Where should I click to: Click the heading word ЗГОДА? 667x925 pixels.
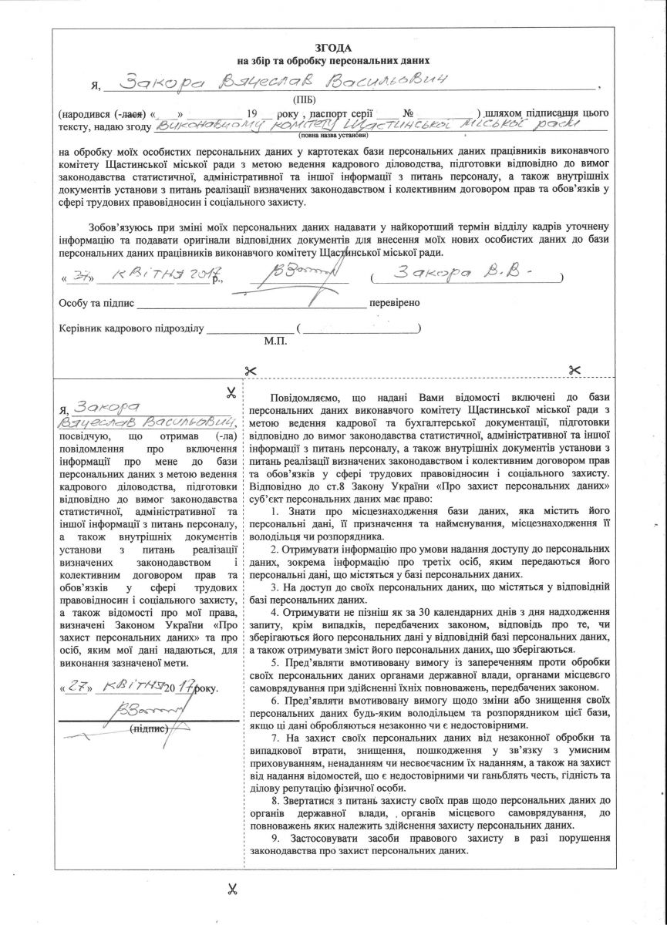(333, 47)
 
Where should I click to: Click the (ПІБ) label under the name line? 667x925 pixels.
(303, 100)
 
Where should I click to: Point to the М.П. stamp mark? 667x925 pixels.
(275, 340)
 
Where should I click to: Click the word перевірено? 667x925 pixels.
(395, 302)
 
